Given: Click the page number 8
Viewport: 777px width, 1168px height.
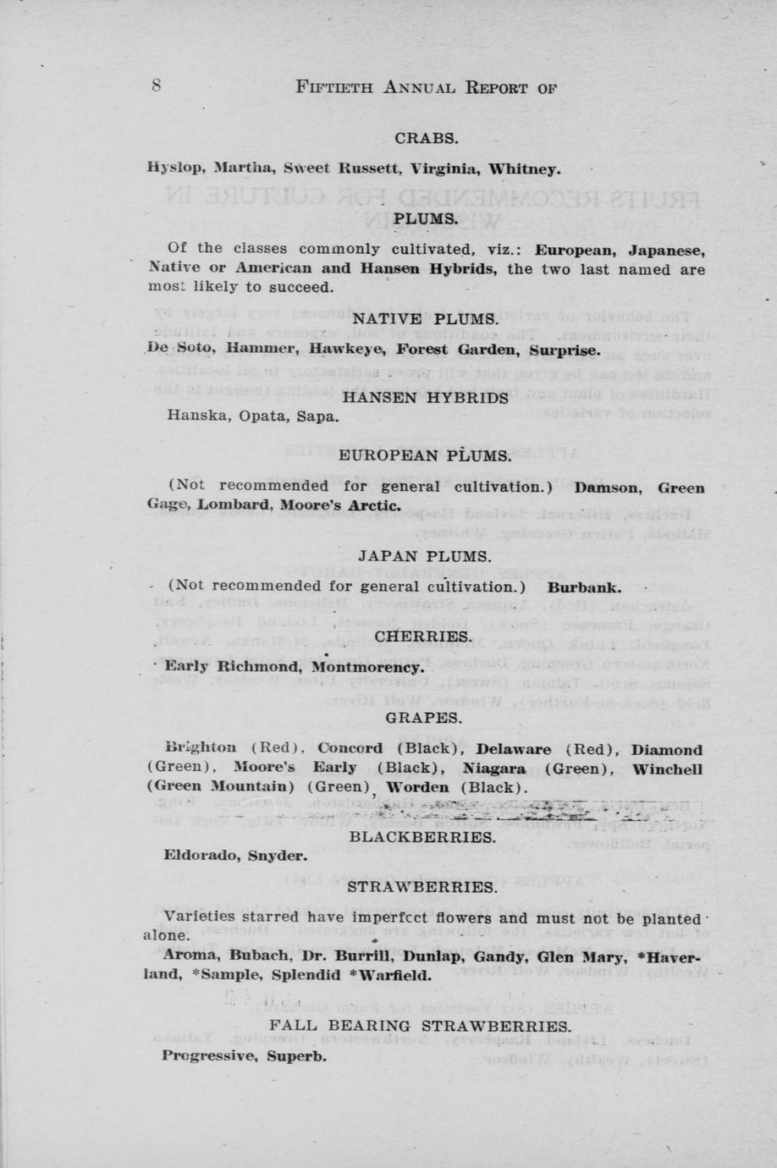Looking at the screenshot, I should pyautogui.click(x=157, y=85).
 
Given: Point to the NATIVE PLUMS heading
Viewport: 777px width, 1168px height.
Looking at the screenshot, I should pyautogui.click(x=425, y=319).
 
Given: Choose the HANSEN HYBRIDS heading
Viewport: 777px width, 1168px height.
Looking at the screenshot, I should pyautogui.click(x=425, y=398).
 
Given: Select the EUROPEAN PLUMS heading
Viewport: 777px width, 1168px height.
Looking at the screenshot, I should pyautogui.click(x=425, y=455).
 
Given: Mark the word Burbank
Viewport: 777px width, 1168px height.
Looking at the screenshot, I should pyautogui.click(x=584, y=587).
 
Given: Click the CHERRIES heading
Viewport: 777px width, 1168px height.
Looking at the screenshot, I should pyautogui.click(x=423, y=636).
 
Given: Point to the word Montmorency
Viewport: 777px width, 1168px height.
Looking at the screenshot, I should pyautogui.click(x=367, y=666).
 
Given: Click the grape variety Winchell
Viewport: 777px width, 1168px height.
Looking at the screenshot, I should pyautogui.click(x=667, y=769).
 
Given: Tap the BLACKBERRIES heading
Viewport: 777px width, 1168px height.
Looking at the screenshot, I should pyautogui.click(x=422, y=837).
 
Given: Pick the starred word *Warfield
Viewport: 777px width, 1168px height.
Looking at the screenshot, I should pyautogui.click(x=390, y=974).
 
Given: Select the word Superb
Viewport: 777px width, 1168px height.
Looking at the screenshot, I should pyautogui.click(x=296, y=1055).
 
